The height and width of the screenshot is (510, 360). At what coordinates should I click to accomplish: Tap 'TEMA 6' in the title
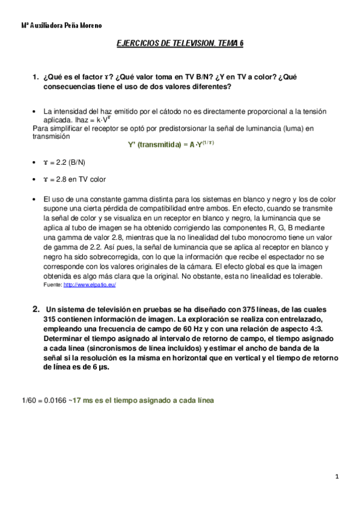click(231, 43)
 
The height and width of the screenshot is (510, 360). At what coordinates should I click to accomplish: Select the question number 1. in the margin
click(35, 77)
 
